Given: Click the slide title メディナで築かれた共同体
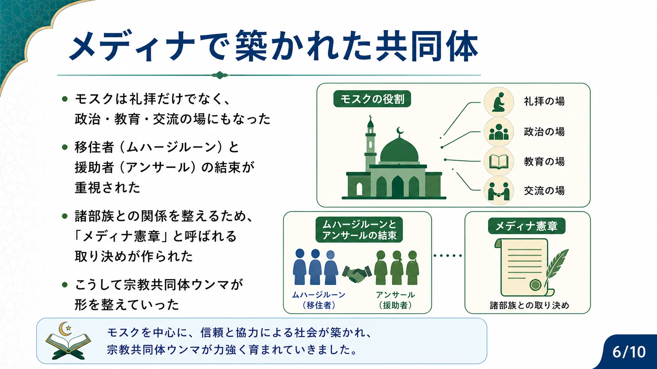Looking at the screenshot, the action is click(x=273, y=47).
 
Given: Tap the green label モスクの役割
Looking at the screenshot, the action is click(x=372, y=99).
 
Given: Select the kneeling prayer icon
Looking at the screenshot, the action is click(x=499, y=102).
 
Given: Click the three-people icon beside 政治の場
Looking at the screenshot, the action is click(x=499, y=132).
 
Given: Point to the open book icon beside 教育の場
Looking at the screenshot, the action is click(x=499, y=161).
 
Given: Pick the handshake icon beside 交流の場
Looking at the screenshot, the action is click(x=499, y=191).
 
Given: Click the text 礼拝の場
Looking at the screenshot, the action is click(x=544, y=101).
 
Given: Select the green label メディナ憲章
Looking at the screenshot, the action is click(x=527, y=226).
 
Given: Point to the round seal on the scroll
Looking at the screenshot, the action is click(x=535, y=285).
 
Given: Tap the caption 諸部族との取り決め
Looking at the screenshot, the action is click(x=529, y=305).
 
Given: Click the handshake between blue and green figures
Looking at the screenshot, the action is click(x=357, y=274).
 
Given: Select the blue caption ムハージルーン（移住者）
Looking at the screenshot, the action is click(x=319, y=300).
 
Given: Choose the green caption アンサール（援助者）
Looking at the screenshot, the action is click(x=395, y=300).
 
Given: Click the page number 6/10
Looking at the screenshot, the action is click(x=629, y=352).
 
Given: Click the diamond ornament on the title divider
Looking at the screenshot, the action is click(x=220, y=75).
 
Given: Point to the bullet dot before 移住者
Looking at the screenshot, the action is click(x=65, y=147).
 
